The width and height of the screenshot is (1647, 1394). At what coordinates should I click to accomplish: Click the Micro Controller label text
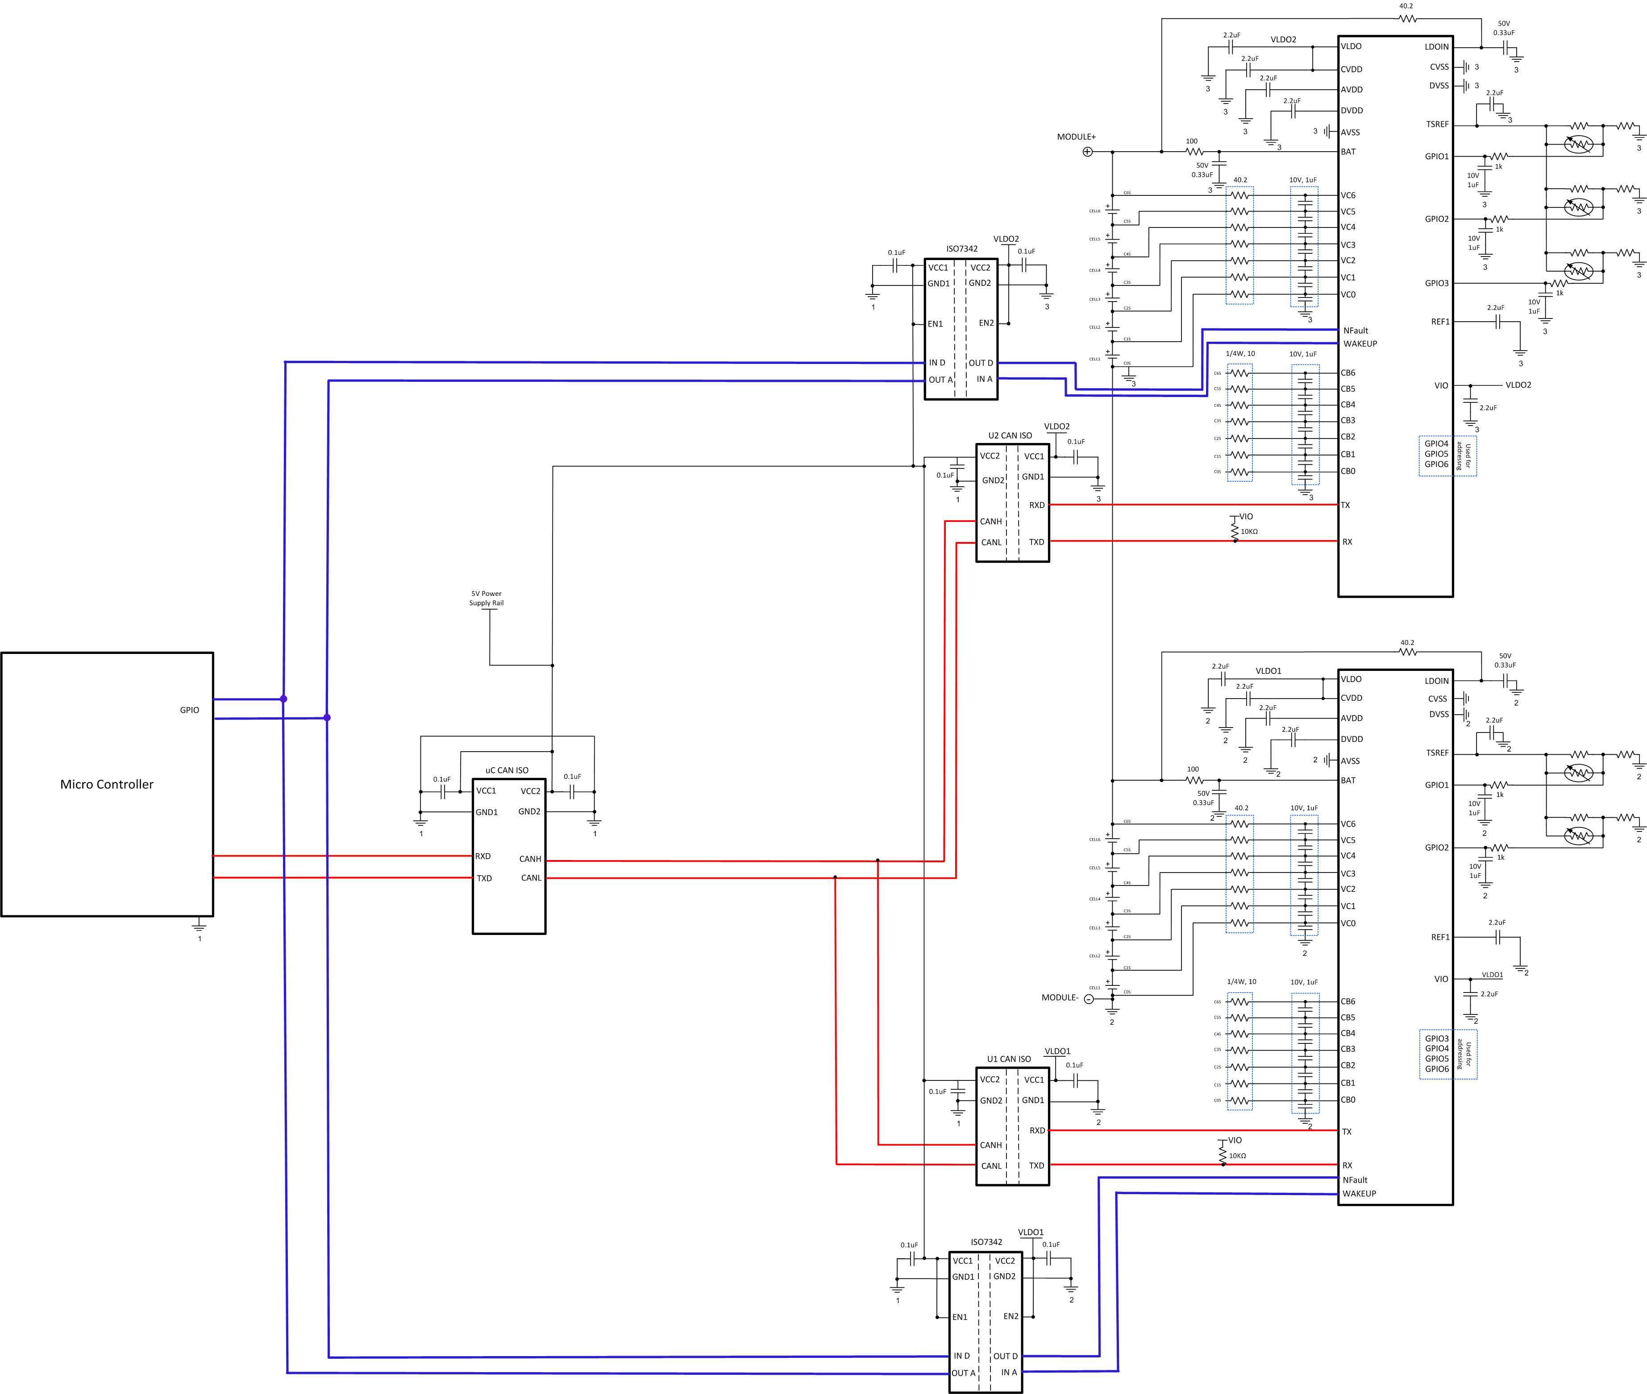[107, 784]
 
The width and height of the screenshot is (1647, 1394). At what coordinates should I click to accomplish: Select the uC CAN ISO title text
[507, 769]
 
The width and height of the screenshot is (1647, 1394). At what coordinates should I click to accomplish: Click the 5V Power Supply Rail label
[486, 598]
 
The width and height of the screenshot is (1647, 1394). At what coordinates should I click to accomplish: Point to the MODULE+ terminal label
[1076, 137]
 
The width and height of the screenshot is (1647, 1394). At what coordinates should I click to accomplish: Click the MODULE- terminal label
[1060, 997]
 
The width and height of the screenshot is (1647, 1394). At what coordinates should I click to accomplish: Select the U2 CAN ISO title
[1010, 435]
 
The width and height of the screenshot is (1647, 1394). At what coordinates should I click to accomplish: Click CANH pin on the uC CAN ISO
[530, 859]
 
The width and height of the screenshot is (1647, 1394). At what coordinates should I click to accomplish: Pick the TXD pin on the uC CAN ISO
[484, 878]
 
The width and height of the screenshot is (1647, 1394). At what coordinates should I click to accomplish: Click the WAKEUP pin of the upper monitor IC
[1360, 344]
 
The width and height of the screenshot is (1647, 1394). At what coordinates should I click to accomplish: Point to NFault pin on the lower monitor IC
[1355, 1180]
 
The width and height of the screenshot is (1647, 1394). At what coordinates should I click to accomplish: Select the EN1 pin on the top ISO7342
[936, 324]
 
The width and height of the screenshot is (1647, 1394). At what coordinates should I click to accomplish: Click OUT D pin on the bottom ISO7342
[1005, 1356]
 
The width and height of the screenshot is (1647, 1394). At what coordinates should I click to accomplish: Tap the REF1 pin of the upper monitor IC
[1440, 322]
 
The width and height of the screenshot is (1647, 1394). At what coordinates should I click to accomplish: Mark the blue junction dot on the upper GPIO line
[283, 699]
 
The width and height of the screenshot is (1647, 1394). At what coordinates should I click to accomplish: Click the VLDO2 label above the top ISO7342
[1006, 239]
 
